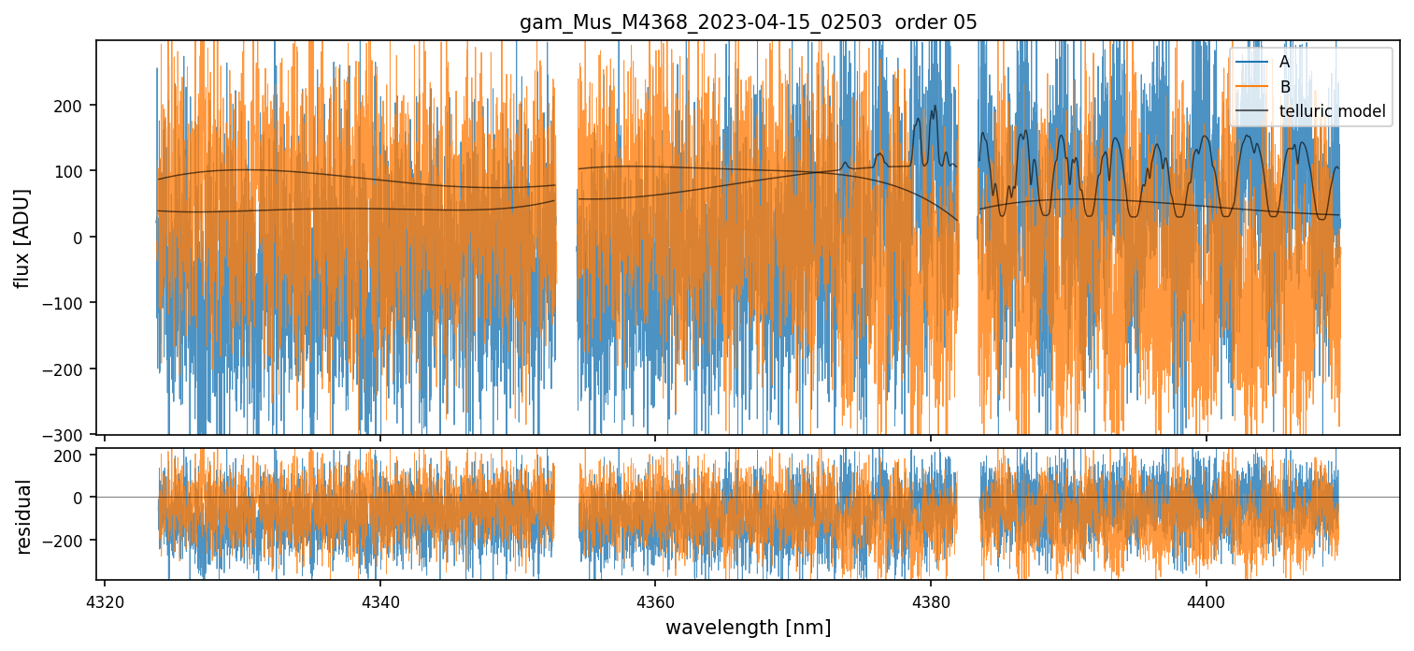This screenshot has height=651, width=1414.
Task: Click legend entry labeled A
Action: [x=1284, y=62]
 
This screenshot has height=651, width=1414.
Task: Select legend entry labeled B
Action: [x=1284, y=87]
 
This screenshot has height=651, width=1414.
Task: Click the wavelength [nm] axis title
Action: [x=748, y=627]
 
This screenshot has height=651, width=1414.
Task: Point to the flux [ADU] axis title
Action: [x=21, y=238]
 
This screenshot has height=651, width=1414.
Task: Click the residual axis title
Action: [x=24, y=516]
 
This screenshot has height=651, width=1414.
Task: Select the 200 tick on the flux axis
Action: [x=72, y=106]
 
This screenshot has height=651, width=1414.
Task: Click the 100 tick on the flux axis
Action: [x=72, y=171]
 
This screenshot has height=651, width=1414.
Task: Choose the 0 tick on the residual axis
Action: [x=80, y=498]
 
